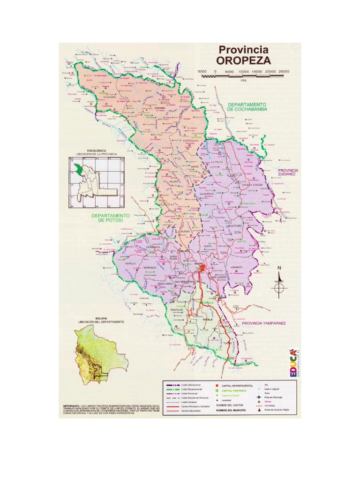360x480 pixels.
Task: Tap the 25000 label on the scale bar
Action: click(283, 71)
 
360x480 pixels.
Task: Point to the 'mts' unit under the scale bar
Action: click(243, 80)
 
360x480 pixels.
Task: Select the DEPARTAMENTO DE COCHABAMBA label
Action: click(247, 106)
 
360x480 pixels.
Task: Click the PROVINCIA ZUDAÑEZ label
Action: click(291, 172)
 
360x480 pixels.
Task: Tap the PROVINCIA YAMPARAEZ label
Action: click(266, 323)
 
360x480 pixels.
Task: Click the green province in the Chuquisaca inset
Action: click(77, 169)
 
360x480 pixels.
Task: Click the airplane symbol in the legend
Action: click(258, 397)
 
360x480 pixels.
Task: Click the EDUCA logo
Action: click(292, 363)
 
